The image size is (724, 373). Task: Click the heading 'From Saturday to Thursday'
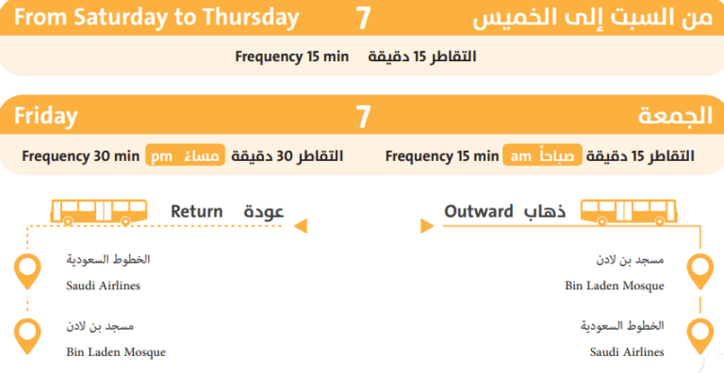pos(157,18)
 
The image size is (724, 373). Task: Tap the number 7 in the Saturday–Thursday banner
pos(363,18)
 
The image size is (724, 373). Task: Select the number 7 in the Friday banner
pos(363,117)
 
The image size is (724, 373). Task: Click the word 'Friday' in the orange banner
pos(45,117)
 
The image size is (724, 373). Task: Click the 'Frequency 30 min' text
pos(81,155)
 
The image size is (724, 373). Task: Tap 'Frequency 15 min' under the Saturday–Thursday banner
pos(291,57)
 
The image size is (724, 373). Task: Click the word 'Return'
pos(196,211)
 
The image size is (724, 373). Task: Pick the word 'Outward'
pos(479,211)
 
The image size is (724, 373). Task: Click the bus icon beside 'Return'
pos(98,211)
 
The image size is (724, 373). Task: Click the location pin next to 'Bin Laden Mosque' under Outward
pos(699,271)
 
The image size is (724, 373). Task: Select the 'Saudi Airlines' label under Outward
pos(627,351)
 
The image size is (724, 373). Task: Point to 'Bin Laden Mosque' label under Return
pos(116,351)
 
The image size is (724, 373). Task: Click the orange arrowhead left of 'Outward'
pos(424,226)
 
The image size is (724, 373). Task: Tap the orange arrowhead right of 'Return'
pos(301,226)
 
